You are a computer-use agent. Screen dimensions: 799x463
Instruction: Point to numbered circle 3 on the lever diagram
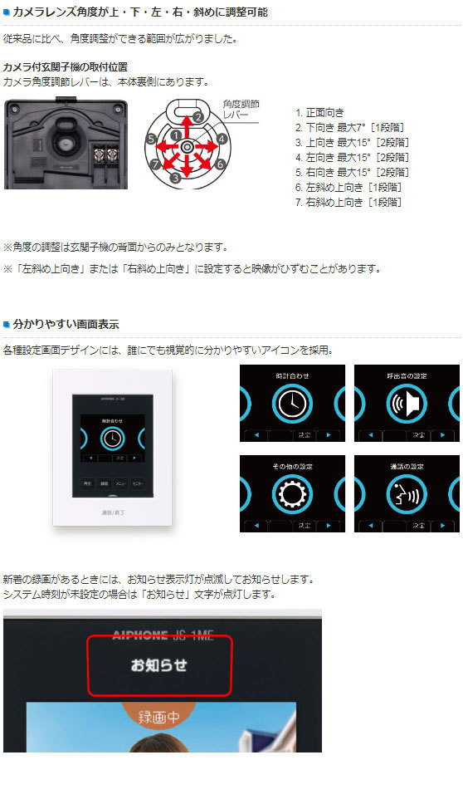coord(175,177)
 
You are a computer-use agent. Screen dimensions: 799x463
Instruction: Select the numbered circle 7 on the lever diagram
coord(154,164)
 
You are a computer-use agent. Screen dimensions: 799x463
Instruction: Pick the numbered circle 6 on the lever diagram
coord(220,164)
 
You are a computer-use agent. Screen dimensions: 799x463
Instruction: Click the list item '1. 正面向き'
coord(319,112)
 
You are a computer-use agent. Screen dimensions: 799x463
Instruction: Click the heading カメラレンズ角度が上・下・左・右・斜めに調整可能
coord(139,12)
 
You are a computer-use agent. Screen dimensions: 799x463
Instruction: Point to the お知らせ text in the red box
coord(159,664)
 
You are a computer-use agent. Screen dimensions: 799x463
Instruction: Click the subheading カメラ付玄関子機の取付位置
coord(66,66)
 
